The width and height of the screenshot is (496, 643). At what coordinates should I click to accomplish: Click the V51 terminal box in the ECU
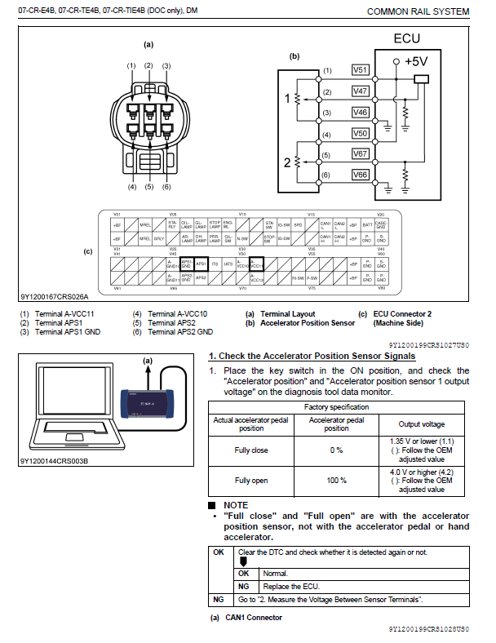pos(361,70)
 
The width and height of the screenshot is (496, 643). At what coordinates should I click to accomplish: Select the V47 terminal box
pos(361,92)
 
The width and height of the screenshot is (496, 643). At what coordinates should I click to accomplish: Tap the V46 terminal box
pos(361,112)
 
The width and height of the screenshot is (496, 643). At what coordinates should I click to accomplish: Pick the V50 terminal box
pos(361,132)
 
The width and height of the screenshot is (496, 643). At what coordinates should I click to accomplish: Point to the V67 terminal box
pos(361,153)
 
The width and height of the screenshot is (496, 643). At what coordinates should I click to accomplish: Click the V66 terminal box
pos(361,175)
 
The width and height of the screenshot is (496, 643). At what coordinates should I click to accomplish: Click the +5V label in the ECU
pos(415,61)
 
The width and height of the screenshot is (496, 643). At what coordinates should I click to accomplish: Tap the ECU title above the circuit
pos(407,38)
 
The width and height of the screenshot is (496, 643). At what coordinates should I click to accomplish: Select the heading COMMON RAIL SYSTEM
pos(418,11)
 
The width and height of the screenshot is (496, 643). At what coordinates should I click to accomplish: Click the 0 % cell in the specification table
pos(336,450)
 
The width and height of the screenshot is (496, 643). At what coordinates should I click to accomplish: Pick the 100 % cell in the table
pos(336,481)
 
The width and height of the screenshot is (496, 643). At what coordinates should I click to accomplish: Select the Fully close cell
pos(250,450)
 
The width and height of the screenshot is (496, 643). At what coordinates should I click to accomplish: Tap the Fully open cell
pos(250,481)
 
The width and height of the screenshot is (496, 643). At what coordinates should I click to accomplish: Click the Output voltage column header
pos(422,424)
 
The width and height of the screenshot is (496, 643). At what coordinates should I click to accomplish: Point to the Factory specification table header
pos(336,406)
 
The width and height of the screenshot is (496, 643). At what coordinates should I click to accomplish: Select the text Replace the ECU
pos(289,586)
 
